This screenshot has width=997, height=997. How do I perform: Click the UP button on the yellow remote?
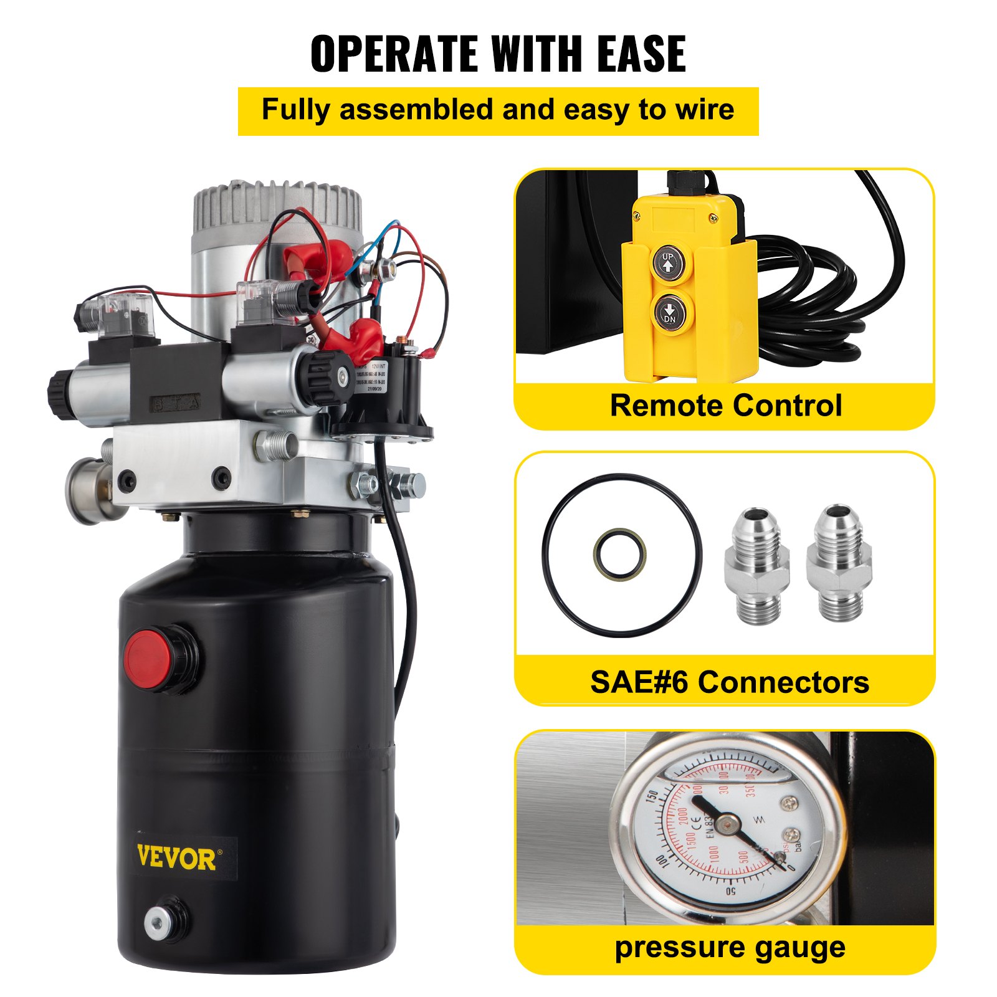(668, 263)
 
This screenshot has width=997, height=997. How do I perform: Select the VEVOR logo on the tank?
(176, 859)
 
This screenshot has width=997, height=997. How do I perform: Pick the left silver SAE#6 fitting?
(756, 565)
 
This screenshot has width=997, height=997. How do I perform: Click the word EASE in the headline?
(641, 54)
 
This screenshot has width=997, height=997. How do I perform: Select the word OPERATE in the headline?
(395, 54)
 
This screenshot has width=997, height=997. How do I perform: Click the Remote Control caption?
(725, 406)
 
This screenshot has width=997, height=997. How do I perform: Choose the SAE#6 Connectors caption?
(729, 682)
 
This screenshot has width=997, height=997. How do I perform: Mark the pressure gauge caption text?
(730, 948)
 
